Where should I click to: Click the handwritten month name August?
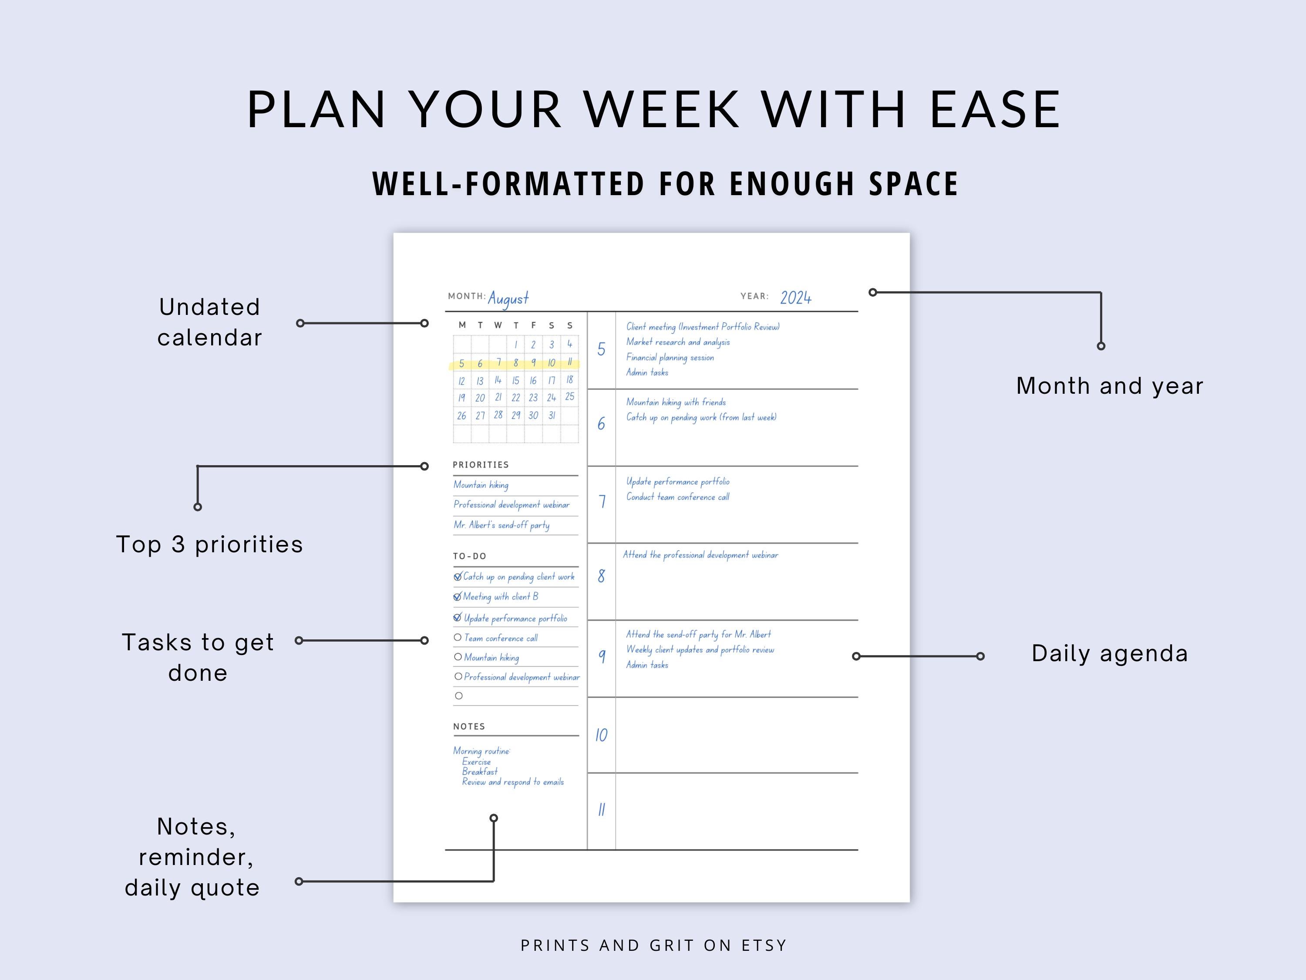pos(508,298)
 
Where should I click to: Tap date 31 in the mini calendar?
pos(552,415)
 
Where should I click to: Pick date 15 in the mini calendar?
pos(515,380)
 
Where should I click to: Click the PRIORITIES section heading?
pos(481,465)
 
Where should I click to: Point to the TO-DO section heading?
pos(469,556)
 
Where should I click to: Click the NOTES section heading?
pos(469,727)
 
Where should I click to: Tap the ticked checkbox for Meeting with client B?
pos(458,597)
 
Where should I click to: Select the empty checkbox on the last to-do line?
pos(459,696)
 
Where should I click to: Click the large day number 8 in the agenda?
pos(601,576)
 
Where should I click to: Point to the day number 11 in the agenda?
pos(601,809)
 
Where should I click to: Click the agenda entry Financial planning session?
pos(670,358)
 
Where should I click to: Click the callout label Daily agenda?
pos(1109,653)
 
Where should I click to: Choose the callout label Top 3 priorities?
pos(209,544)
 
